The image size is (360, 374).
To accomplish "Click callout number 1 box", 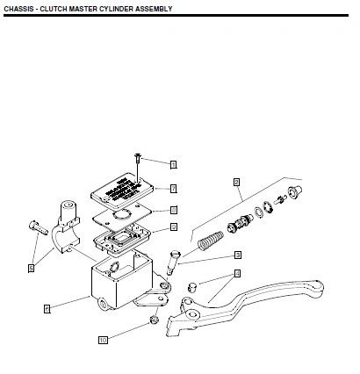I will pos(174,164).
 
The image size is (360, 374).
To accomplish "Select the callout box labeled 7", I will pos(174,189).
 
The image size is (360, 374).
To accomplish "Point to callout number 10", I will pos(103,339).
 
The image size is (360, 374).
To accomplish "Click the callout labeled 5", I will pos(31,268).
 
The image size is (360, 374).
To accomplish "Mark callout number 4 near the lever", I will pos(237,274).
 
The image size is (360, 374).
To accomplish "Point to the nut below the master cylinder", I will pos(154,320).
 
